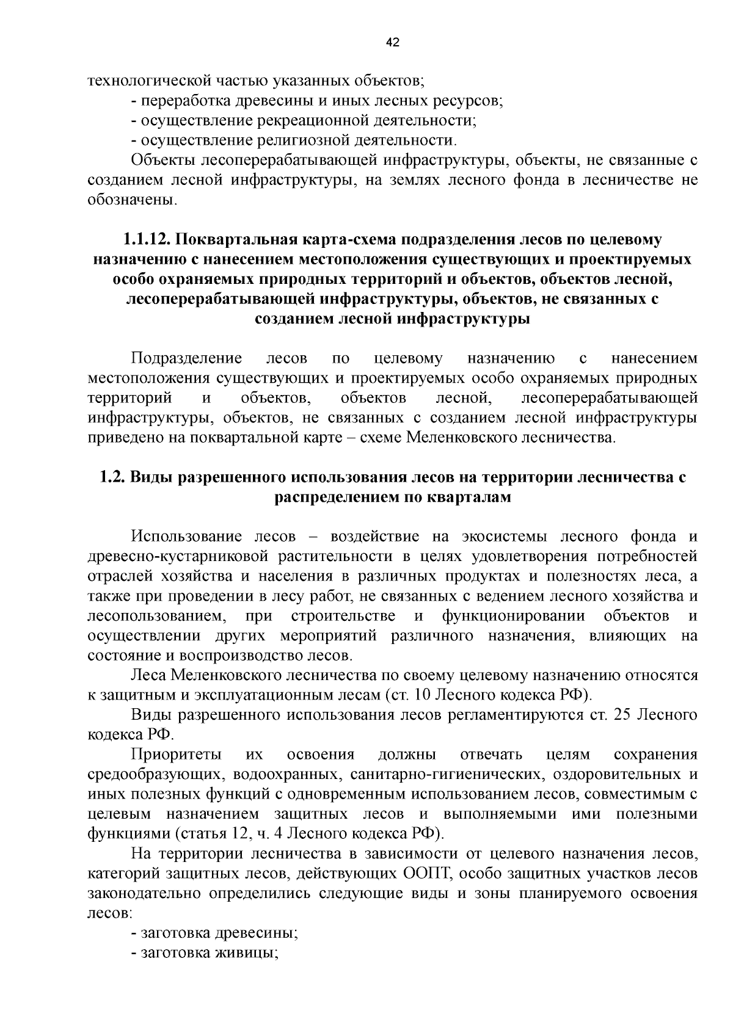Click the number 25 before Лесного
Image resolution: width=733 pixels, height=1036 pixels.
tap(619, 715)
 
